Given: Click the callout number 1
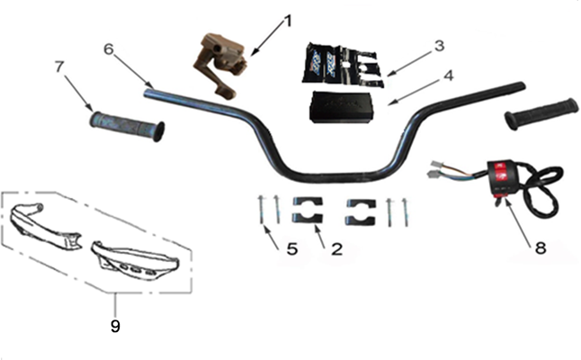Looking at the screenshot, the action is (x=287, y=22).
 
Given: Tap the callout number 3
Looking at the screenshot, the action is (x=439, y=46).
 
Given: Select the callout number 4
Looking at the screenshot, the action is (x=448, y=76).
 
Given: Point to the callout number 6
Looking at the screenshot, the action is (x=108, y=49).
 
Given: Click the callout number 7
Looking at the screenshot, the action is (x=59, y=67).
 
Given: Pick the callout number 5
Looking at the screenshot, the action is (x=292, y=249).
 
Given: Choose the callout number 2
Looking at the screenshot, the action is (x=336, y=249).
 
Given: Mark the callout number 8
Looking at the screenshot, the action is (x=541, y=247).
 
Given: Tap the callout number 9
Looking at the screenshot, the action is (x=115, y=326).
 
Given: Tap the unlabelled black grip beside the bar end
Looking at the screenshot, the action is (x=541, y=113).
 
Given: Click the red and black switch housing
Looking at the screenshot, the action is (x=504, y=176).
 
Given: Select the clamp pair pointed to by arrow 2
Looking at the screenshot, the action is (x=308, y=211).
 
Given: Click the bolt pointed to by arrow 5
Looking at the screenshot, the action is (x=261, y=210).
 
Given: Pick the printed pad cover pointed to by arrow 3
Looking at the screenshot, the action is (x=343, y=66).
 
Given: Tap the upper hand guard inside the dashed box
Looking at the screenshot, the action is (x=44, y=224).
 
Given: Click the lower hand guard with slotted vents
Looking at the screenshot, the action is (x=135, y=261).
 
